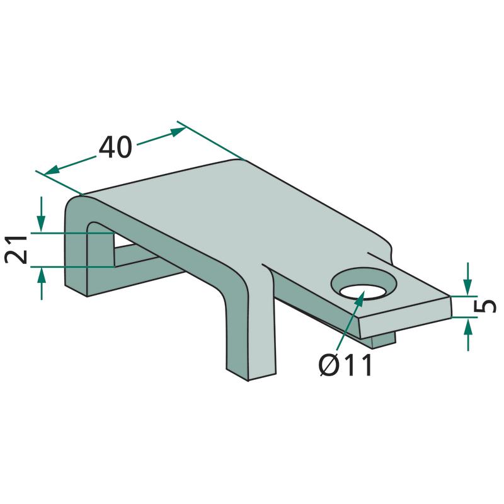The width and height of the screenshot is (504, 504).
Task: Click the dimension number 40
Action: [115, 147]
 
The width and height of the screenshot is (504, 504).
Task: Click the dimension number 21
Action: [16, 249]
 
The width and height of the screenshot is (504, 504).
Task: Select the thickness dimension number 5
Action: [485, 306]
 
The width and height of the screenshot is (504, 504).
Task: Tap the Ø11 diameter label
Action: [345, 365]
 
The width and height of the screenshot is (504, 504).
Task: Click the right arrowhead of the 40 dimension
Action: [178, 131]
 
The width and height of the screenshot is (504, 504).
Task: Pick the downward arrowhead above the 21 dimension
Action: [41, 224]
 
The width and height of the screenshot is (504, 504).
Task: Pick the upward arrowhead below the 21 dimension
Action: [41, 275]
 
